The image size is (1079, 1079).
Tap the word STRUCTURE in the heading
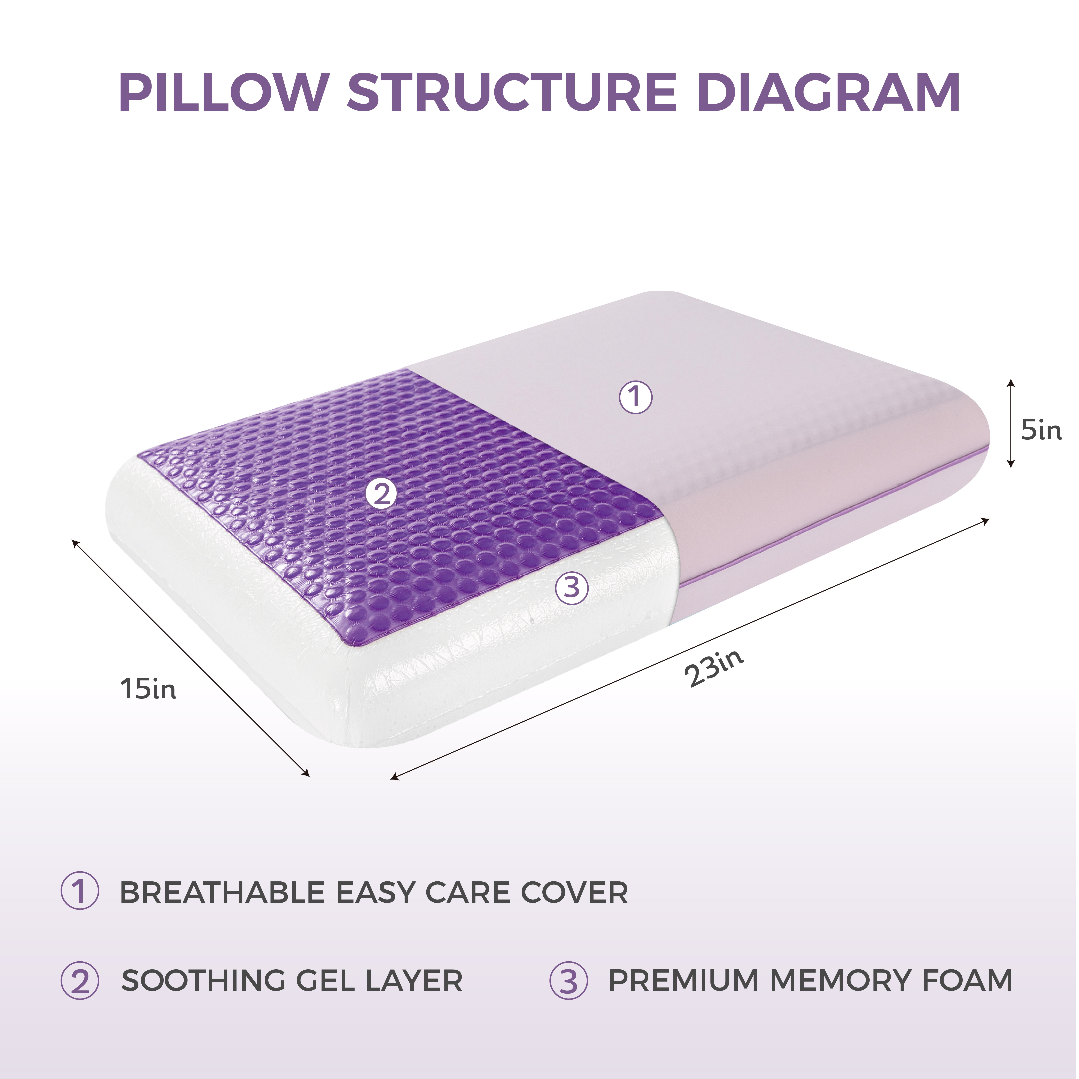[512, 92]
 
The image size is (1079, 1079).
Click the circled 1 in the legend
[80, 892]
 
